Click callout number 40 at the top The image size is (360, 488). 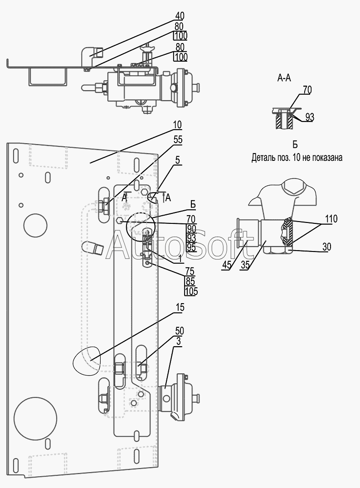pos(180,15)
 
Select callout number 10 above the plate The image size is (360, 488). pos(177,125)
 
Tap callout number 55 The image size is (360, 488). pos(178,140)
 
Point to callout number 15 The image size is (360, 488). pos(180,307)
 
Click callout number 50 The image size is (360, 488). pos(180,330)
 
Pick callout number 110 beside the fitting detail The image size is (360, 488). pos(331,219)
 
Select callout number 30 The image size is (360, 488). pos(327,247)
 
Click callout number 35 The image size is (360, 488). pos(245,265)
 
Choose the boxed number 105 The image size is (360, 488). pos(191,291)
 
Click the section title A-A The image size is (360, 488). pos(284,78)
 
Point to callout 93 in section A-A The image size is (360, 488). pos(310,117)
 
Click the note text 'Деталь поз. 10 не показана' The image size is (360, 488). pos(297,158)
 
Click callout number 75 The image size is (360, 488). pos(190,270)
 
